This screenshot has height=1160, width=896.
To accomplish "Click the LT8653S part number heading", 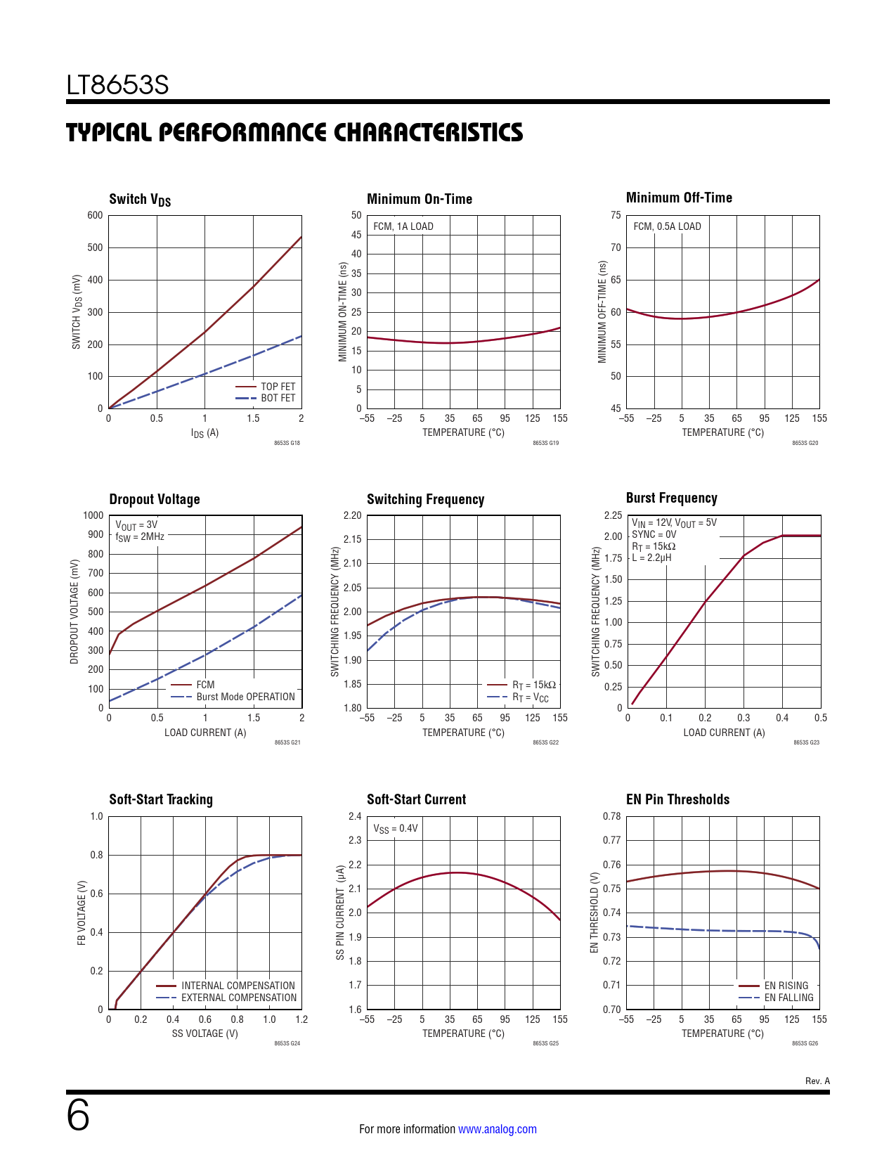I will tap(117, 85).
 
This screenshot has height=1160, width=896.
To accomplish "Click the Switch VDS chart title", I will tap(140, 200).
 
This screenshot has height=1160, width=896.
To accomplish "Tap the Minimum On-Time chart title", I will tap(420, 199).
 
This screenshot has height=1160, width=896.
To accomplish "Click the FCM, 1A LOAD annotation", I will tap(403, 226).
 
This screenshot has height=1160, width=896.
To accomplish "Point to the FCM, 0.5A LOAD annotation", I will tap(667, 226).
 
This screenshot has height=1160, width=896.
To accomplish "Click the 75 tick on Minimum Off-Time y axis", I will tap(616, 215).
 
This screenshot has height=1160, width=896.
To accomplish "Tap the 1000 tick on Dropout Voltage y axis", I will tap(93, 515).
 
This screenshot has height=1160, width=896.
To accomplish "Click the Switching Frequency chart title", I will tap(425, 499).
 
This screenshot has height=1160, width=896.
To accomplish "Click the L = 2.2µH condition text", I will tap(651, 558).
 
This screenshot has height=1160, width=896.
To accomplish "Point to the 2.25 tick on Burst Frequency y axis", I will tap(613, 515).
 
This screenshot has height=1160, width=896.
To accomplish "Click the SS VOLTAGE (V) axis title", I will tap(204, 1033).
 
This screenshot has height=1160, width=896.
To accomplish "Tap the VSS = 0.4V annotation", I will tap(395, 829).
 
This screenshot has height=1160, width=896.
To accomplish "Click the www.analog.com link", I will tap(497, 1129).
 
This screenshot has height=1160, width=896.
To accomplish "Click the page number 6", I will tap(78, 1116).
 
